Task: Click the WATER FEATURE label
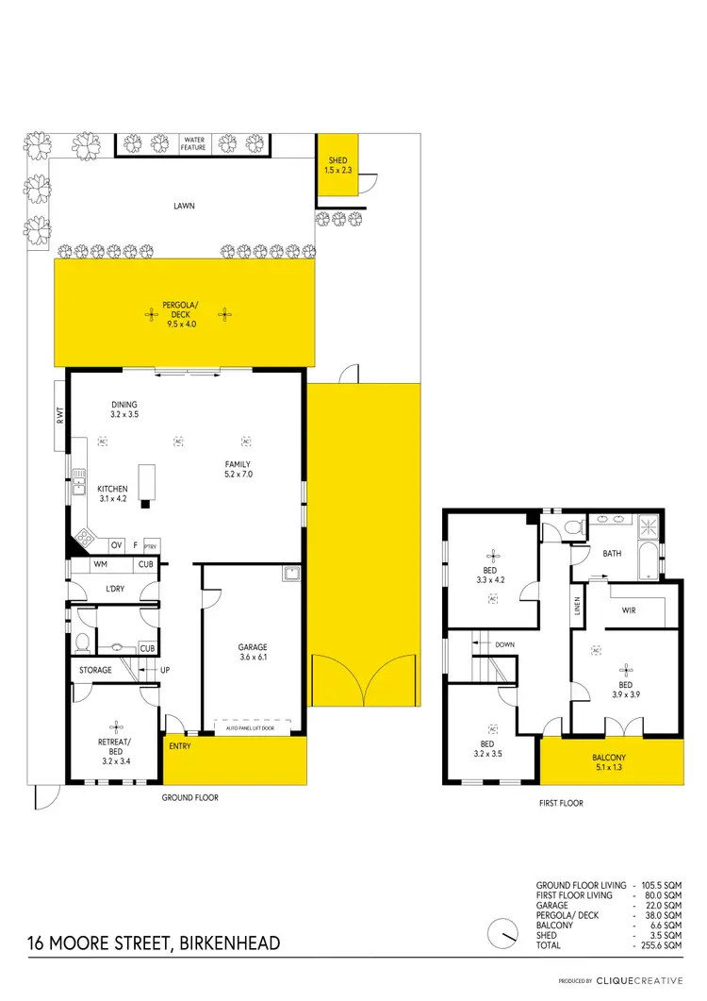tap(194, 143)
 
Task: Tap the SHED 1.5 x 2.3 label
tap(337, 166)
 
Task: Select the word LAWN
tap(184, 205)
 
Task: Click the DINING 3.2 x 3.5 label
tap(124, 409)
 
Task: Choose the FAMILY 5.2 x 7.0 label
tap(238, 469)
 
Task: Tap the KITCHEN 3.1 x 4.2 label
tap(112, 493)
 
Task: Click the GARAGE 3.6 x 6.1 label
tap(253, 652)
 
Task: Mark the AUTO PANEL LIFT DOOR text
tap(252, 729)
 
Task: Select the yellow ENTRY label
tap(180, 746)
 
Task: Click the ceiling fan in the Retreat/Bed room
tap(116, 726)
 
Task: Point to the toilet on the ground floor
tap(81, 643)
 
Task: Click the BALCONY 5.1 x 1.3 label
tap(609, 762)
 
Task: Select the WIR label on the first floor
tap(629, 610)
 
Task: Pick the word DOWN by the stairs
tap(505, 644)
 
